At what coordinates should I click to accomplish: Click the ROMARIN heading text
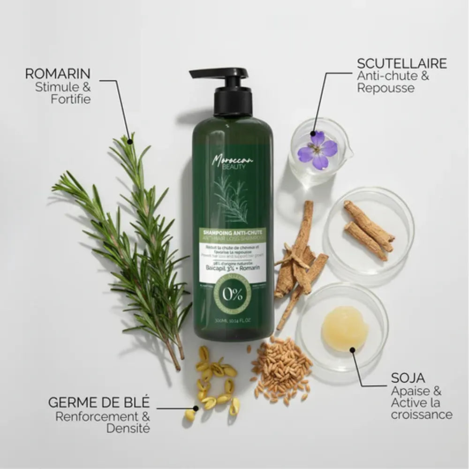58,74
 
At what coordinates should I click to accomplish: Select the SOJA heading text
408,378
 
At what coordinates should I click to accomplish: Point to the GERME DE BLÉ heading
99,402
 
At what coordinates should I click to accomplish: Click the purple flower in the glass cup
318,150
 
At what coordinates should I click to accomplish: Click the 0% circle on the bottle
233,295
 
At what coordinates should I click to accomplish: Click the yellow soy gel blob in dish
344,329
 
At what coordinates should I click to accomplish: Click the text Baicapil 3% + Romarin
233,268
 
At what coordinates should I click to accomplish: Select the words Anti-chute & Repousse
393,82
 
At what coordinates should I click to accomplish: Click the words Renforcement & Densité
103,422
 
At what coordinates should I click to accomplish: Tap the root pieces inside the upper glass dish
369,230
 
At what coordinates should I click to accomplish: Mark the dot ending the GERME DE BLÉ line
194,408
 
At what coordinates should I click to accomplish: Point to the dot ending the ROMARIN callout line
131,137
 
